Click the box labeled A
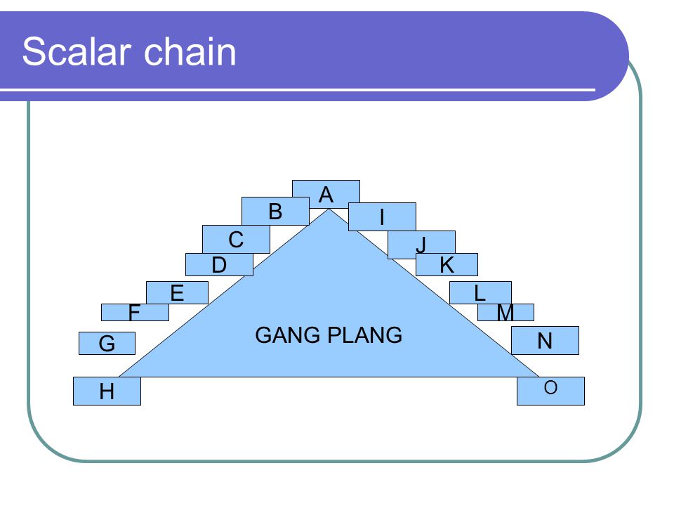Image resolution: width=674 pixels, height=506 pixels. (x=326, y=194)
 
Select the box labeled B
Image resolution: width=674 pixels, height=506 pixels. (x=275, y=211)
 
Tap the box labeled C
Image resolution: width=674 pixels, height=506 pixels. (x=236, y=239)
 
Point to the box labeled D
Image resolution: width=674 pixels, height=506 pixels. (x=219, y=264)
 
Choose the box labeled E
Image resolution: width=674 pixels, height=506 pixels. (x=177, y=292)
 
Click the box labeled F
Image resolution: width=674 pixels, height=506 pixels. (x=135, y=312)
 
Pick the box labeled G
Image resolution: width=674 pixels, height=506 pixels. (x=107, y=343)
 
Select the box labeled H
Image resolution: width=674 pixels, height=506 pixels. (x=107, y=391)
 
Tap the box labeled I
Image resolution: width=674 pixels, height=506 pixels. (x=382, y=216)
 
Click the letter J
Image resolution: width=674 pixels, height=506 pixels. (x=421, y=245)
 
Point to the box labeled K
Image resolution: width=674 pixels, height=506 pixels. (x=447, y=264)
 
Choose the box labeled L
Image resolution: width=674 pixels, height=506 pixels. (x=480, y=292)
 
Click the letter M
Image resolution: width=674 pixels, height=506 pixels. (x=505, y=313)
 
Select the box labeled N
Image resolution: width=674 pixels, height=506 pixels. (x=545, y=340)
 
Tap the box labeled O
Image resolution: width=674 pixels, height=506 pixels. (x=550, y=391)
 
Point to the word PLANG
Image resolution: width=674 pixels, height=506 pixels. (x=365, y=335)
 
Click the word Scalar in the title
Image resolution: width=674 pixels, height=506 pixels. (x=77, y=51)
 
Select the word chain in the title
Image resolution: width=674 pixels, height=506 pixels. (x=190, y=51)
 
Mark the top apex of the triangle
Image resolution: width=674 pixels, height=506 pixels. (x=329, y=209)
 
